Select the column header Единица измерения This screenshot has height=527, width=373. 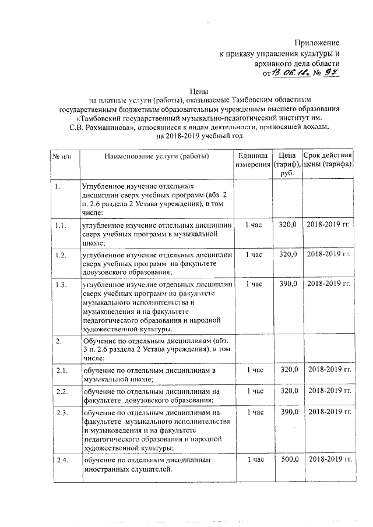253,160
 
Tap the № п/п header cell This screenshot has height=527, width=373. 62,155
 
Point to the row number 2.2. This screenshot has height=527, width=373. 61,391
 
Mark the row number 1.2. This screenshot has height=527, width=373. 60,254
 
